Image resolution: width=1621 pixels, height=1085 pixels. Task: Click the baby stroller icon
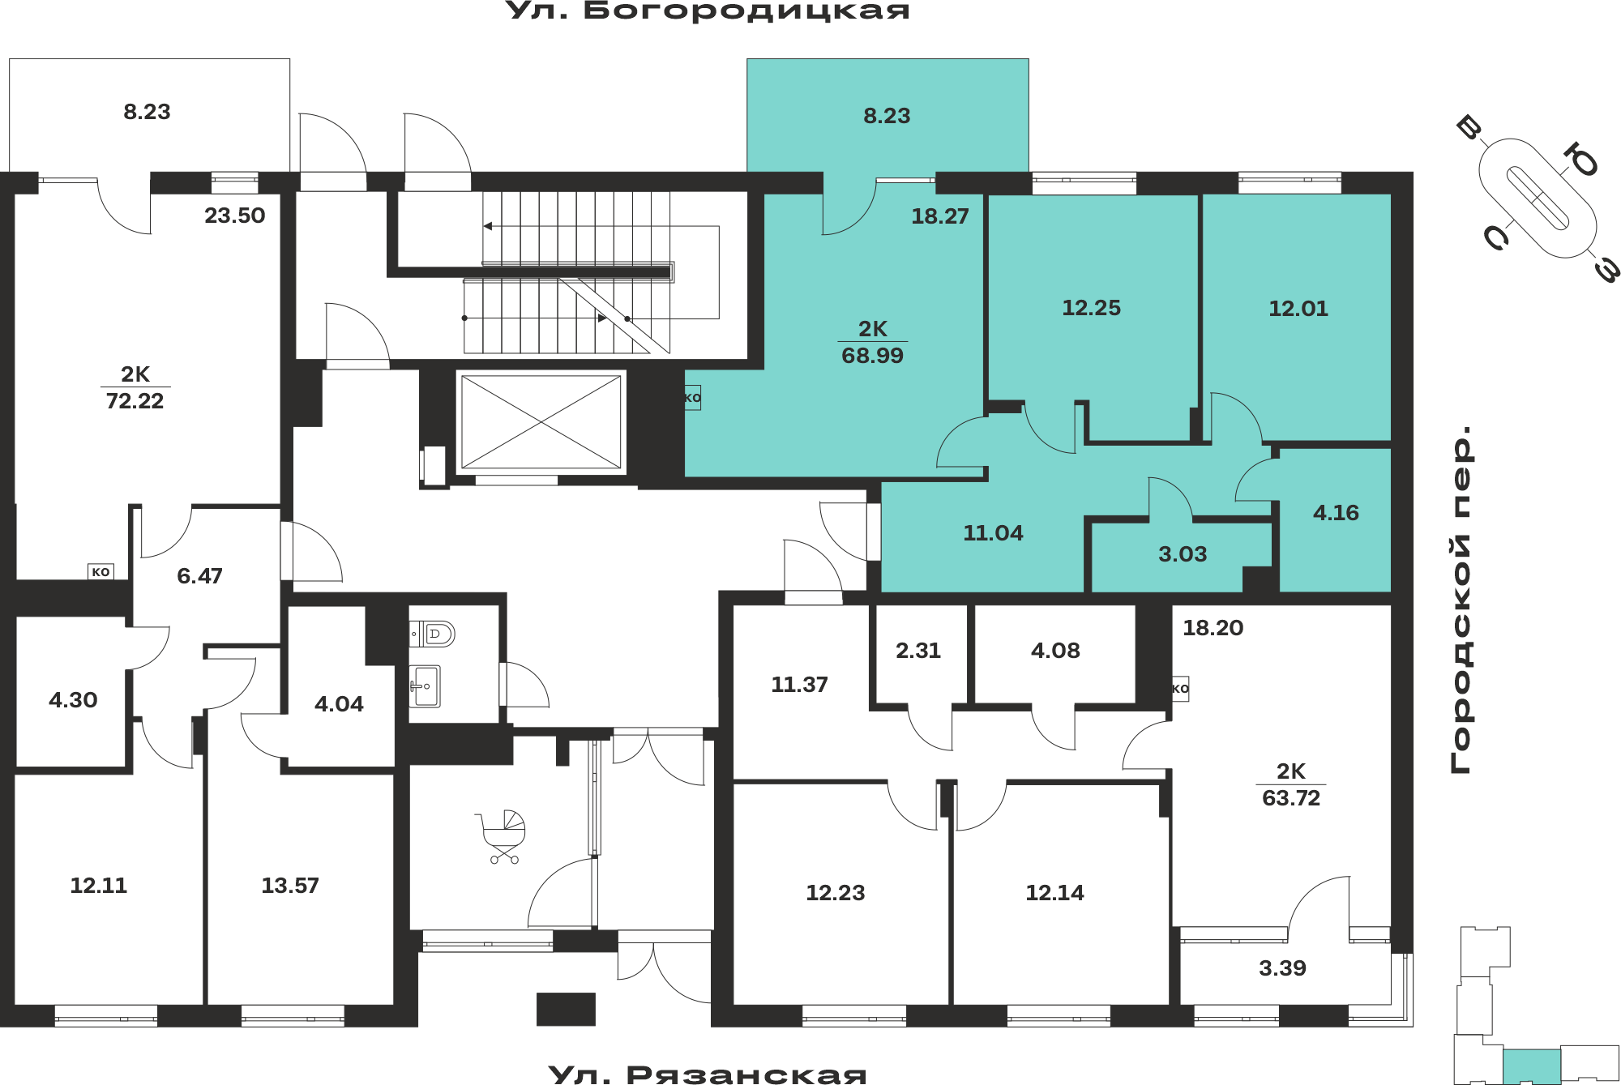pyautogui.click(x=503, y=836)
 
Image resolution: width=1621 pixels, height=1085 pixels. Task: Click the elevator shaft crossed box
pyautogui.click(x=541, y=421)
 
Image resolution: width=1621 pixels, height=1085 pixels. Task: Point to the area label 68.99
pyautogui.click(x=872, y=356)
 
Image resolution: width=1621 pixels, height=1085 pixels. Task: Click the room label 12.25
pyautogui.click(x=1091, y=308)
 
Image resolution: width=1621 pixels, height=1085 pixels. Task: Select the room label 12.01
pyautogui.click(x=1298, y=309)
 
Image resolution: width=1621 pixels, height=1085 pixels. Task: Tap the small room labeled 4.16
pyautogui.click(x=1336, y=513)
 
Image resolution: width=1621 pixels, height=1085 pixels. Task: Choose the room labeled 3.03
pyautogui.click(x=1183, y=554)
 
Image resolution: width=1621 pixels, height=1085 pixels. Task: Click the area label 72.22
pyautogui.click(x=135, y=401)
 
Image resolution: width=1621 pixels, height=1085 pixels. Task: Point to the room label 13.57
pyautogui.click(x=290, y=886)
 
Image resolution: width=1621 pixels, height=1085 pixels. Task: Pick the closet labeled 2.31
pyautogui.click(x=918, y=651)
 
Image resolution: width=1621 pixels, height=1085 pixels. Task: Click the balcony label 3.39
pyautogui.click(x=1282, y=968)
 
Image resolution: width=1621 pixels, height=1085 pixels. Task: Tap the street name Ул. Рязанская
pyautogui.click(x=708, y=1074)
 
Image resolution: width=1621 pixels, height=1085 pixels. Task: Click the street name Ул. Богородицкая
pyautogui.click(x=708, y=11)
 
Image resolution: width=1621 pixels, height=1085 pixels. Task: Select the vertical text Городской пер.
pyautogui.click(x=1461, y=599)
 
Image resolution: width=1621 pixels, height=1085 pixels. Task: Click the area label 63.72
pyautogui.click(x=1291, y=798)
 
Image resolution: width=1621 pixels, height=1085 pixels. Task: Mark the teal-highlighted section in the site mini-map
pyautogui.click(x=1532, y=1066)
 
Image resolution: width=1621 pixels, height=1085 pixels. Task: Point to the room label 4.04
pyautogui.click(x=339, y=704)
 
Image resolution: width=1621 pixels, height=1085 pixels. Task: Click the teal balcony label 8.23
pyautogui.click(x=887, y=116)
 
